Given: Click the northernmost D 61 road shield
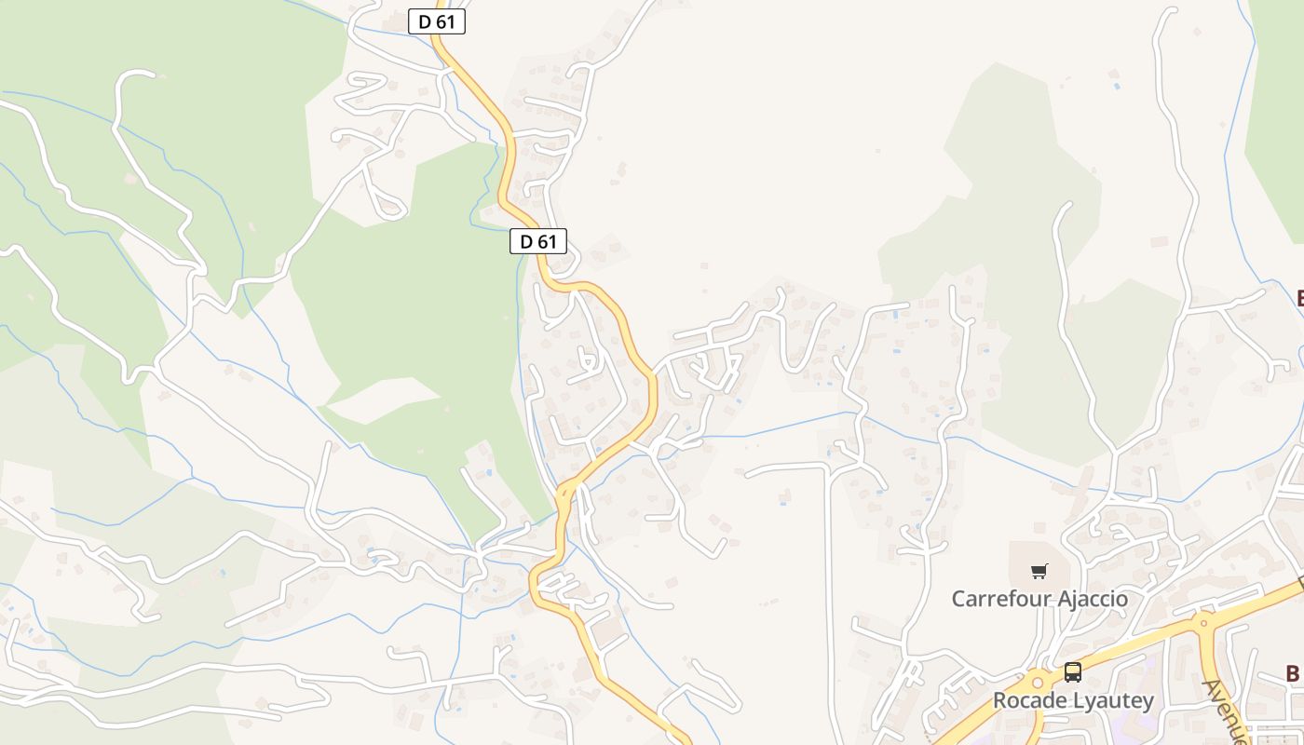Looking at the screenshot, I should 436,21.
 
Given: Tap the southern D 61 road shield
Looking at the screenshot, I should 538,241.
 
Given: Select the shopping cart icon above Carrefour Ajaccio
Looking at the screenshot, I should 1039,571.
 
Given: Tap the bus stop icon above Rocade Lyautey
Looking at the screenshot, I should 1073,671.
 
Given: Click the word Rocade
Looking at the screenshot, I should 1028,700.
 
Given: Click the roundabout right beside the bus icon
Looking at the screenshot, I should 1038,684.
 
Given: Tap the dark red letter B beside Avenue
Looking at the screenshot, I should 1293,673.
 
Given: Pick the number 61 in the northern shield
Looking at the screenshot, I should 446,21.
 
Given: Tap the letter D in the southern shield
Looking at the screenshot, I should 526,241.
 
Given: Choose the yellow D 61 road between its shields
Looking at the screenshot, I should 508,149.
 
